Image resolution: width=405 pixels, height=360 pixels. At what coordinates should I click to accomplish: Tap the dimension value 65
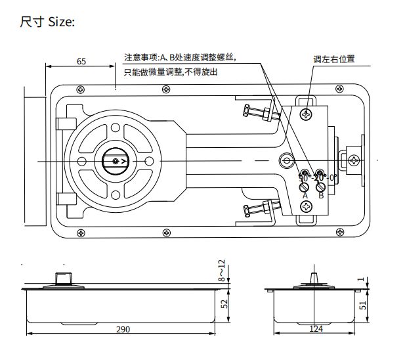click(81, 61)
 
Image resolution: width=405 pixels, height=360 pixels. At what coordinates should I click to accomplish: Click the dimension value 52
click(224, 304)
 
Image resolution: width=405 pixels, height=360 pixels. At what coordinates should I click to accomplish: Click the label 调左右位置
click(333, 59)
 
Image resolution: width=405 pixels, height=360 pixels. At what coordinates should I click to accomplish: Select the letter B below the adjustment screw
click(321, 195)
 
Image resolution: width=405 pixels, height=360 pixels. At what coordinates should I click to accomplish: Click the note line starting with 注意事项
click(179, 58)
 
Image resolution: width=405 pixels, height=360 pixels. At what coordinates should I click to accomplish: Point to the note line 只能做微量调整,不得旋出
click(171, 72)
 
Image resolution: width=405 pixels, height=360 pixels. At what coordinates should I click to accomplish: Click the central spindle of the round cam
click(116, 160)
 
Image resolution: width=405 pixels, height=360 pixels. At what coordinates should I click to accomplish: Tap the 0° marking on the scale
click(333, 178)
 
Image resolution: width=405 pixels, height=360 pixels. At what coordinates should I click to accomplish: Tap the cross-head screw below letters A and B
click(307, 207)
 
